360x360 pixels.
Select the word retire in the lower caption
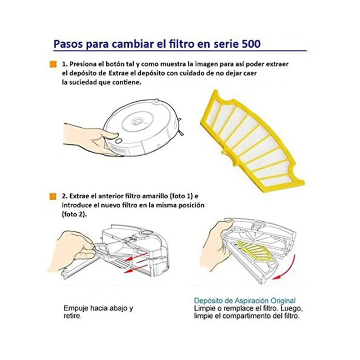(72, 317)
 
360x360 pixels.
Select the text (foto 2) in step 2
(74, 215)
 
